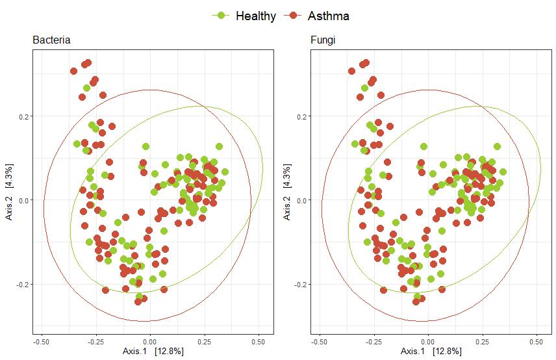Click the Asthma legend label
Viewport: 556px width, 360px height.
click(329, 16)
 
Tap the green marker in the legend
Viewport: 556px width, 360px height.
click(222, 16)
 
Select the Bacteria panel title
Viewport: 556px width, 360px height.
click(51, 40)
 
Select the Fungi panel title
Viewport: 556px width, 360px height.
click(323, 40)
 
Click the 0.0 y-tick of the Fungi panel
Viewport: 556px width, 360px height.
click(300, 200)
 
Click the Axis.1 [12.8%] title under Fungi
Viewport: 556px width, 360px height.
click(429, 352)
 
